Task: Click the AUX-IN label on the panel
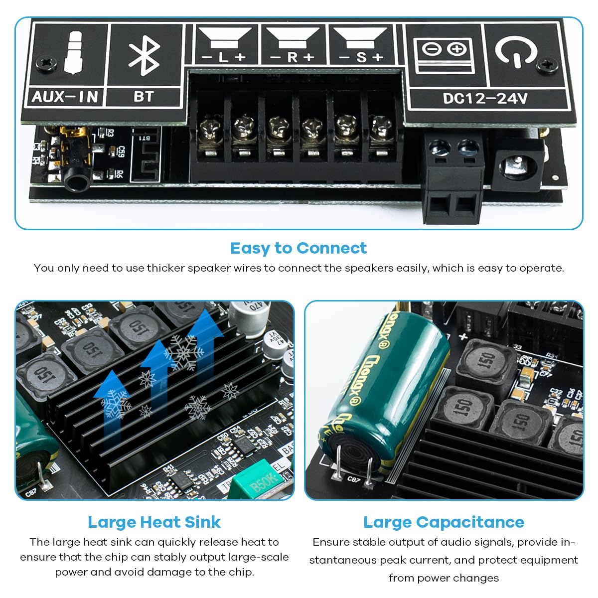tap(65, 96)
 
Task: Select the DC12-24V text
tap(485, 98)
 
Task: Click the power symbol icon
tap(516, 51)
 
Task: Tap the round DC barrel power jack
tap(518, 165)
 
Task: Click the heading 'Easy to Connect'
tap(298, 248)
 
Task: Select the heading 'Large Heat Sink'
tap(154, 522)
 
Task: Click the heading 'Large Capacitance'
tap(444, 522)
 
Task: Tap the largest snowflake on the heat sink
tap(183, 353)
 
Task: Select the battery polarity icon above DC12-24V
tap(444, 54)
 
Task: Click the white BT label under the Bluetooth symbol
tap(144, 96)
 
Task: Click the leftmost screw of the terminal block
tap(209, 131)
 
